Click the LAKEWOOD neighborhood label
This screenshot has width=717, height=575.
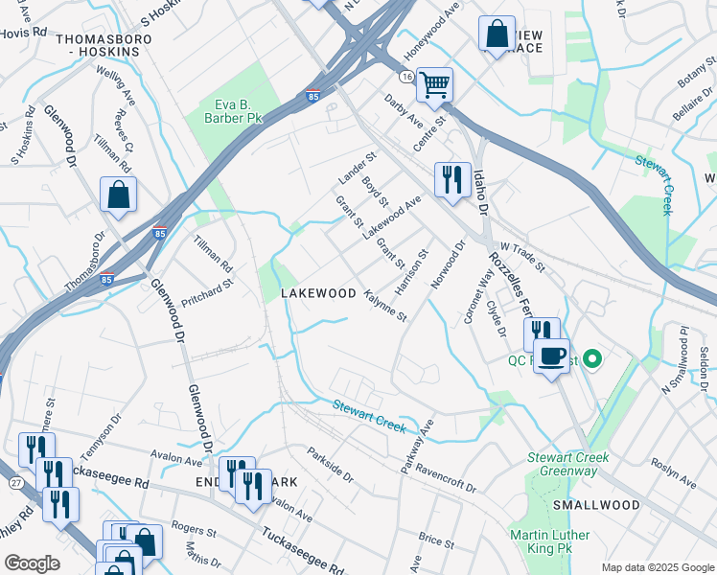pyautogui.click(x=318, y=293)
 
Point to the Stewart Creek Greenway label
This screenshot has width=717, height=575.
pyautogui.click(x=567, y=464)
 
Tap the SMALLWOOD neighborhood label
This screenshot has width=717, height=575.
pyautogui.click(x=596, y=505)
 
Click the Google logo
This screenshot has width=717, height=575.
pyautogui.click(x=32, y=563)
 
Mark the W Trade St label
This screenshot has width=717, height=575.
pyautogui.click(x=520, y=256)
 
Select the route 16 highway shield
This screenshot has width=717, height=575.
pyautogui.click(x=407, y=76)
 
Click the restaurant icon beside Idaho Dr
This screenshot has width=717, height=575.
pyautogui.click(x=451, y=178)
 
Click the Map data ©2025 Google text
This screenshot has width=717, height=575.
pyautogui.click(x=657, y=567)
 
